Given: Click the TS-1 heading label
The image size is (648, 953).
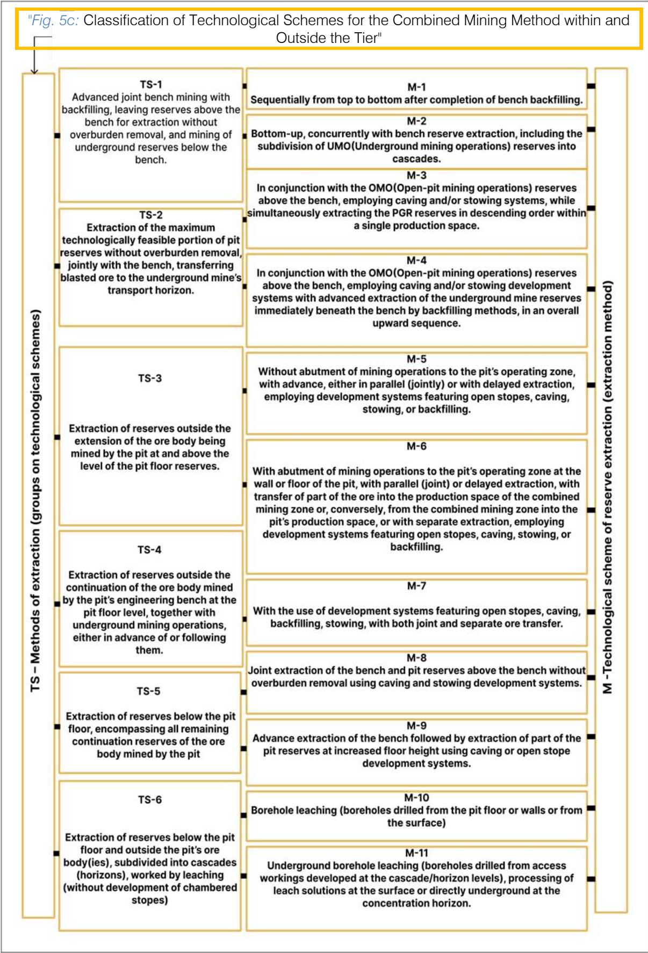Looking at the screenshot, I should point(150,84).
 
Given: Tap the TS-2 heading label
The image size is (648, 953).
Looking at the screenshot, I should point(150,215).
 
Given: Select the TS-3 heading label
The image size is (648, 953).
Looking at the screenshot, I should point(149,378).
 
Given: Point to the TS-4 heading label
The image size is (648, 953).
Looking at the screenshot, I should point(149,550).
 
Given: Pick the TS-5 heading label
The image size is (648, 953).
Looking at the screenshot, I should point(148,691).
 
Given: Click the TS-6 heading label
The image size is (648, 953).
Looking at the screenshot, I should point(149,799).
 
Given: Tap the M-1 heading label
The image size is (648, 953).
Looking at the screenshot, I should point(416,87).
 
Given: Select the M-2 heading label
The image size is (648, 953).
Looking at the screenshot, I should point(416,121).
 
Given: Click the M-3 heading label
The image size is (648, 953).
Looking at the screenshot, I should point(416,175).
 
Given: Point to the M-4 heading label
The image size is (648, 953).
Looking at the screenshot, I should point(416,260).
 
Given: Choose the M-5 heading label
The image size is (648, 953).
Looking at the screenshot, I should point(416,359).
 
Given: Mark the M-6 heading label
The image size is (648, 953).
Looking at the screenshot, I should point(416,446).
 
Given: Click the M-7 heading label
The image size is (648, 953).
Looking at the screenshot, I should point(416,586).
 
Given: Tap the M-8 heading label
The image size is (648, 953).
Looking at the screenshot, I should point(416,658).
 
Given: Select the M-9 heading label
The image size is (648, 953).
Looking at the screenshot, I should point(416,725).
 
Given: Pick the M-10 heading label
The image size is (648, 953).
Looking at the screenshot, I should point(416,798).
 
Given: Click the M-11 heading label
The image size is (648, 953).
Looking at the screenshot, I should point(416,853).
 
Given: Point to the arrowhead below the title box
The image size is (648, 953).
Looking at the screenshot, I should point(34,70).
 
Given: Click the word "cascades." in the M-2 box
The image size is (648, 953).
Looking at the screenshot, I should point(416,159).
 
